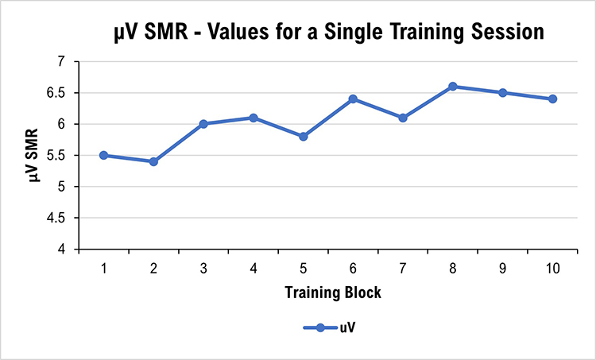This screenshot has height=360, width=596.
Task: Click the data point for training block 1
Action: (104, 155)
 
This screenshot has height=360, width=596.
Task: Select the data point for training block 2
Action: (153, 161)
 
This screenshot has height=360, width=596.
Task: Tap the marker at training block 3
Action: (203, 124)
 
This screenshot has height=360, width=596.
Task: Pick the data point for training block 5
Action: (304, 137)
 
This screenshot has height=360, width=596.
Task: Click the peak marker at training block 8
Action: (453, 86)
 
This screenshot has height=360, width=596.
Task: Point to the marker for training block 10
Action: (552, 99)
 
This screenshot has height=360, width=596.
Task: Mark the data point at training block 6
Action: (353, 99)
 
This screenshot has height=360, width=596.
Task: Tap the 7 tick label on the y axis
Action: (66, 61)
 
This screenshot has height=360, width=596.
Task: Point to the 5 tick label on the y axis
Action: (66, 188)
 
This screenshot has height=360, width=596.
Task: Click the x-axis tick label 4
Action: (253, 269)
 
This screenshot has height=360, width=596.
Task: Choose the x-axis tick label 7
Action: (403, 269)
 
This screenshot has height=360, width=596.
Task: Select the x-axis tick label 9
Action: (502, 269)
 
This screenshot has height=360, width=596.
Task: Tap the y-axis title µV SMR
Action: (35, 156)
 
